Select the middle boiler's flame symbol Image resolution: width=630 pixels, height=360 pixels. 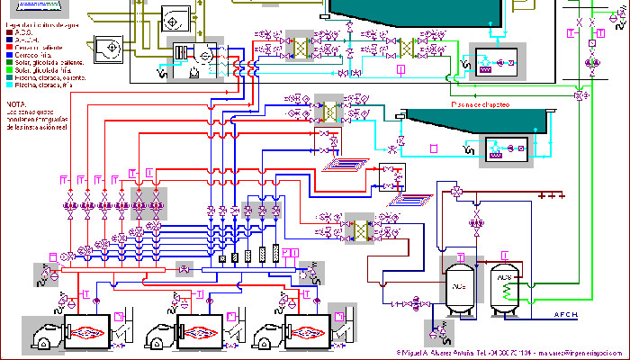tap(198, 331)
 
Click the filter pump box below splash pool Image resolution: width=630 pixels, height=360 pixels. tap(504, 148)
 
